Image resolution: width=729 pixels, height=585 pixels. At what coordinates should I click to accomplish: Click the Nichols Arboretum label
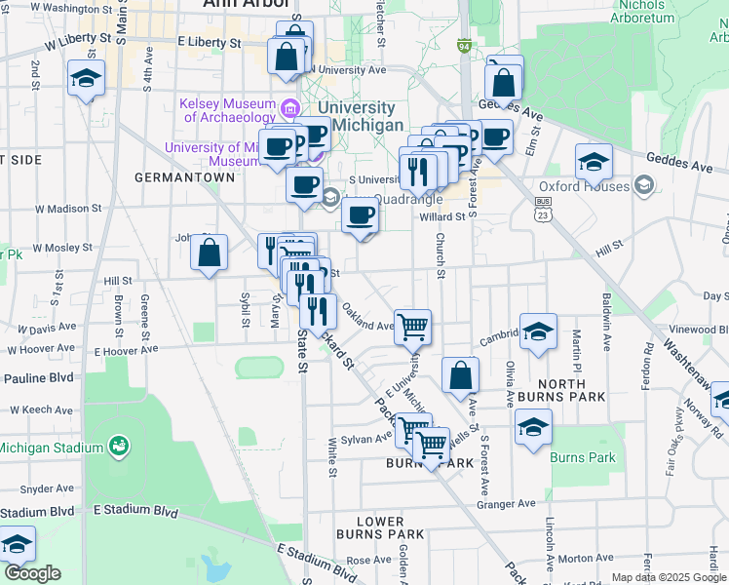644,12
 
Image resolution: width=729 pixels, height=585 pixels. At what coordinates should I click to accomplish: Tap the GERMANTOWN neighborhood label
185,177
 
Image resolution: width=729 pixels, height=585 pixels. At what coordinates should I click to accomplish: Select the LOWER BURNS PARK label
380,527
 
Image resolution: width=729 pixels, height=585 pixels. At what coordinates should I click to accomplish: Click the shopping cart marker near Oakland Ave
413,327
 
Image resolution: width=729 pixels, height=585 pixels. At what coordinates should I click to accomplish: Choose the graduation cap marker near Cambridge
538,332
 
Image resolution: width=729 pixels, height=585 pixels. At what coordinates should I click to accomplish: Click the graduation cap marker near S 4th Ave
86,77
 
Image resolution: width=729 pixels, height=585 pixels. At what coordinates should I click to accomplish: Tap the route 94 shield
465,46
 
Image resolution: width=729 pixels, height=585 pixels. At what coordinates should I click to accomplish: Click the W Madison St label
68,208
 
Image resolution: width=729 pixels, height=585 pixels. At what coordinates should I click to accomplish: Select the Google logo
31,573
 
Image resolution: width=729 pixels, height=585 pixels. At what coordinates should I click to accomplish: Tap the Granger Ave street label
506,503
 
